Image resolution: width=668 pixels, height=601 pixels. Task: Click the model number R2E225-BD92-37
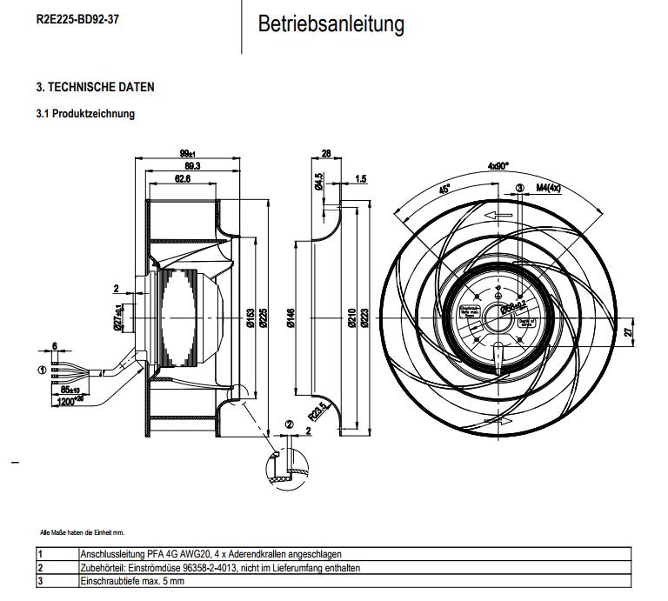click(78, 18)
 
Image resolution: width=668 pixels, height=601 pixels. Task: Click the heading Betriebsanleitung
click(331, 24)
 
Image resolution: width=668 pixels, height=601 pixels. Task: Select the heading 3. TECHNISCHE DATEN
click(95, 88)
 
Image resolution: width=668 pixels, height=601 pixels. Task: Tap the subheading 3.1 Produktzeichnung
click(85, 114)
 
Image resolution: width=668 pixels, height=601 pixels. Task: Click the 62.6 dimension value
click(182, 178)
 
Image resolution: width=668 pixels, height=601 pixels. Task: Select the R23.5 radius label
click(319, 410)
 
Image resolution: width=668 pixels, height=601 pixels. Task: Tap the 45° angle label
click(444, 188)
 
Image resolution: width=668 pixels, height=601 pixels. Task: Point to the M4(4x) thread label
click(549, 188)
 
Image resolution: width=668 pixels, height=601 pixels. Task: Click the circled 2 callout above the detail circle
click(290, 425)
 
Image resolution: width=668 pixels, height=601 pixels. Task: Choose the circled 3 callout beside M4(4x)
click(520, 188)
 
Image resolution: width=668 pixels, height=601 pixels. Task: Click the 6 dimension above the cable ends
click(55, 346)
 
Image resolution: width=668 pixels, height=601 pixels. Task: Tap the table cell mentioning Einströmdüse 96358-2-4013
click(219, 567)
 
